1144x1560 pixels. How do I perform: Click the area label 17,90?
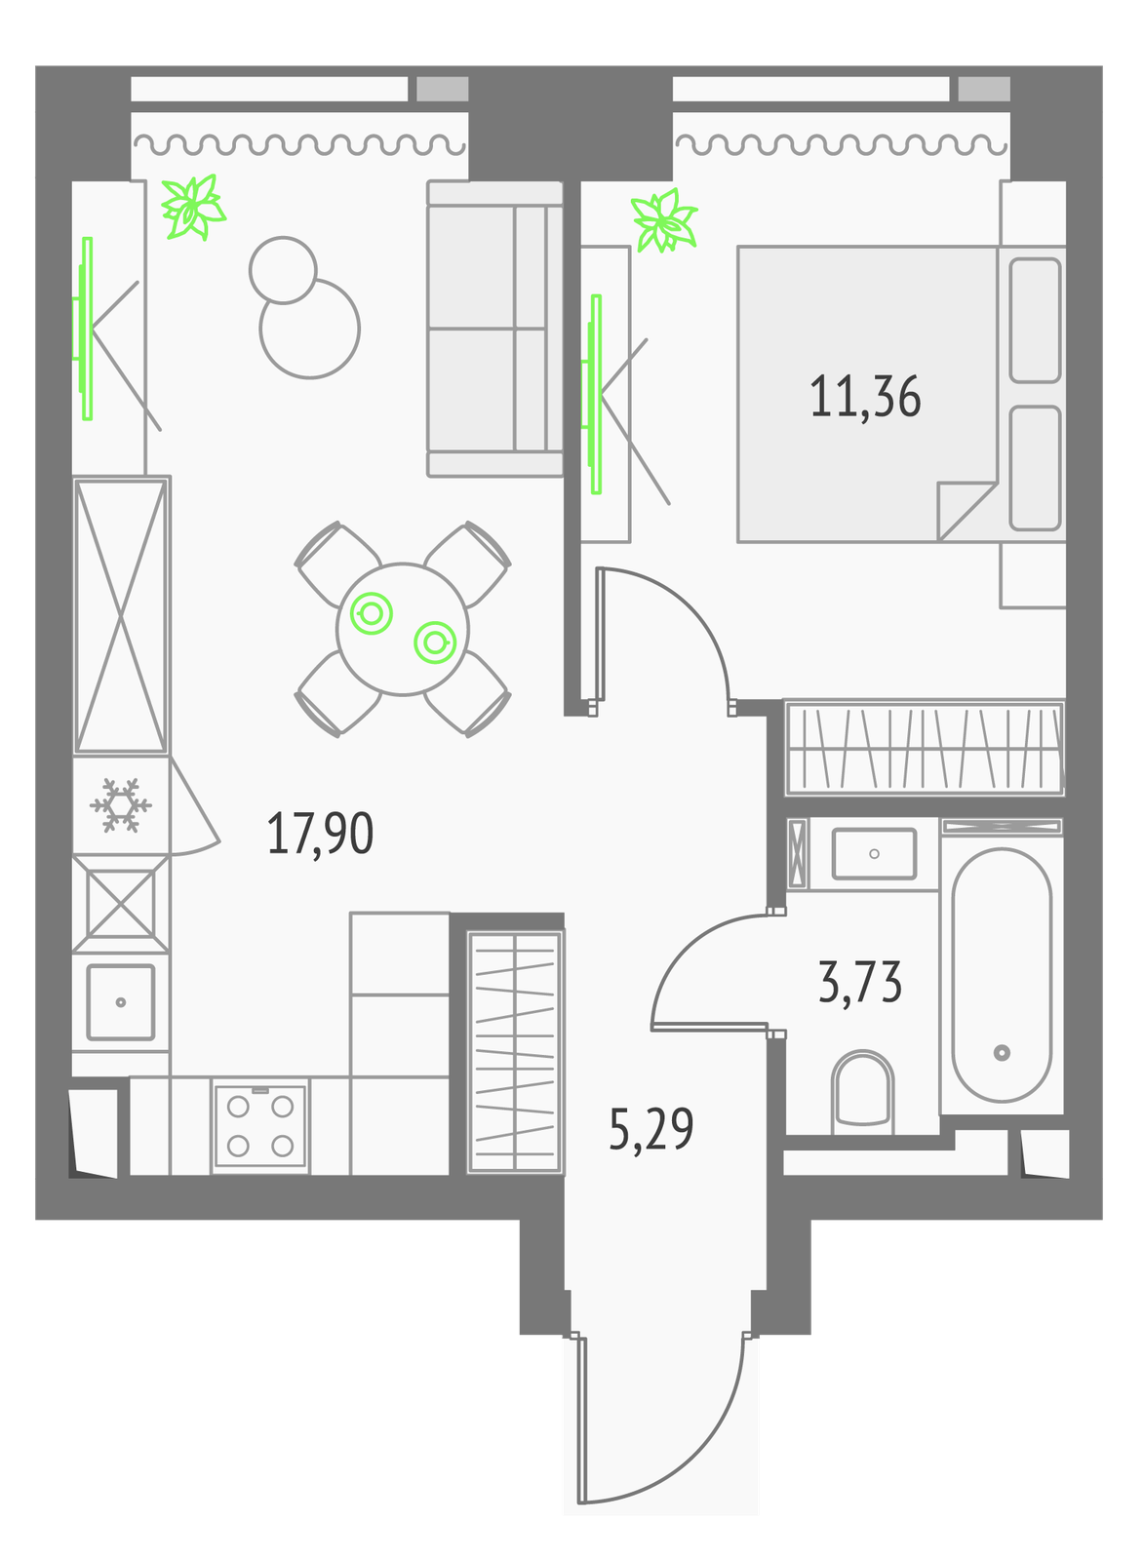click(x=321, y=834)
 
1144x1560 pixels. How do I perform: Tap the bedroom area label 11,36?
click(x=865, y=397)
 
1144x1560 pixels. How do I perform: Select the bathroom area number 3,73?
click(x=860, y=981)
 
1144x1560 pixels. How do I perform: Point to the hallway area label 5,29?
click(x=651, y=1129)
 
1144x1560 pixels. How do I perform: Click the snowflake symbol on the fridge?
click(x=121, y=805)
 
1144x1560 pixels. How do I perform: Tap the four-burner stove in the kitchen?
click(x=260, y=1126)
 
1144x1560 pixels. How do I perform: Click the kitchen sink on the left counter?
click(x=121, y=1002)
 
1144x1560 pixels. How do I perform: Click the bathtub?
click(x=1002, y=975)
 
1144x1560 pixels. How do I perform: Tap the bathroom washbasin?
click(x=875, y=854)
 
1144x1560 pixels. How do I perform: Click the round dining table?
click(x=403, y=629)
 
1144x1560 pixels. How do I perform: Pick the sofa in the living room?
click(x=495, y=329)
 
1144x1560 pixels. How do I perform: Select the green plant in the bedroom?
click(x=663, y=220)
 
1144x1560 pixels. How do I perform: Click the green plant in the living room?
click(x=193, y=207)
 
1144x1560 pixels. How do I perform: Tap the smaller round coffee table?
click(x=283, y=270)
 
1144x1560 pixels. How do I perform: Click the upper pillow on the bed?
click(x=1036, y=321)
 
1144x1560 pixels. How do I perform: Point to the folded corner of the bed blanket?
click(x=960, y=507)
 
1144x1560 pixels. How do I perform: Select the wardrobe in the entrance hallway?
click(x=515, y=1052)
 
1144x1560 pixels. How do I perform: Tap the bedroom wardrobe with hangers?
click(x=925, y=747)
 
